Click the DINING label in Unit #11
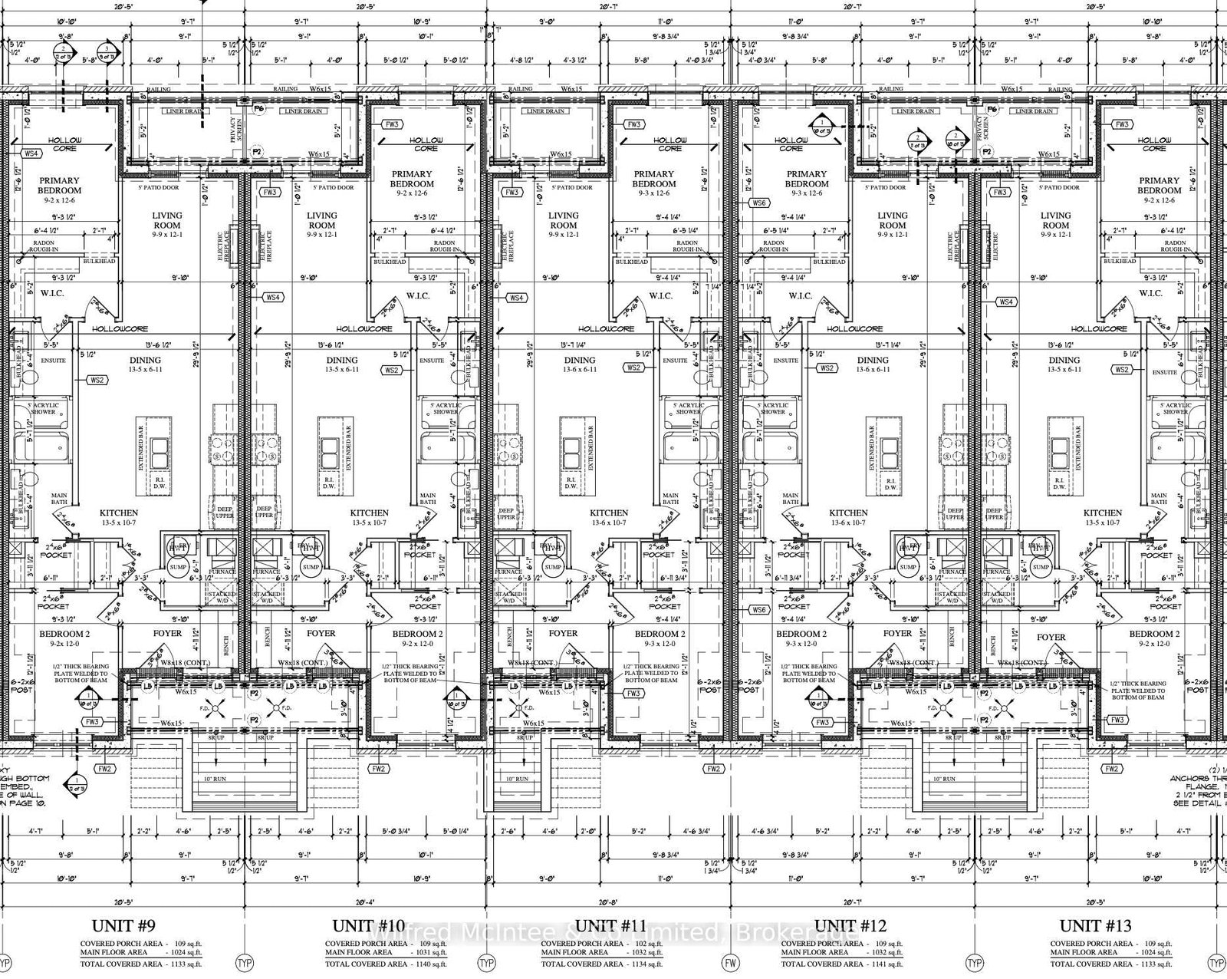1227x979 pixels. coord(580,360)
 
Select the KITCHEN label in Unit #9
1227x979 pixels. coord(119,513)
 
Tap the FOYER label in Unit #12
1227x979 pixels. coord(897,633)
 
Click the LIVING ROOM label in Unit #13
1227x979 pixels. coord(1055,220)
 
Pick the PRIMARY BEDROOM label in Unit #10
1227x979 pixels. coord(412,179)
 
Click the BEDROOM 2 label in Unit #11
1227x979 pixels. coord(660,634)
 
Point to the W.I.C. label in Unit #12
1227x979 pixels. coord(800,295)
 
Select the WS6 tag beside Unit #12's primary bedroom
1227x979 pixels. coord(759,203)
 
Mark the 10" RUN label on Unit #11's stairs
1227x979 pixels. coord(518,779)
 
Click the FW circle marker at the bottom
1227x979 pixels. coord(731,962)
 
